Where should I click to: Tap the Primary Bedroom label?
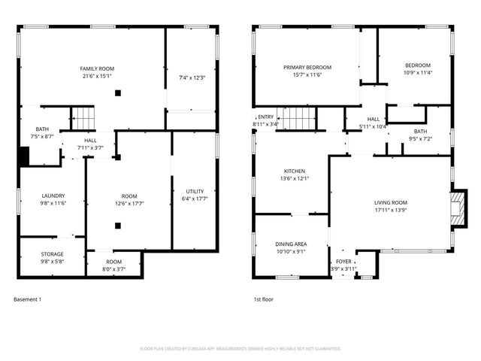pyautogui.click(x=307, y=67)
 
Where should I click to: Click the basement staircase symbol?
pyautogui.click(x=83, y=118)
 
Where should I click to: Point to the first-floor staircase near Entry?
pyautogui.click(x=298, y=118)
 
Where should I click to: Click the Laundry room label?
pyautogui.click(x=53, y=196)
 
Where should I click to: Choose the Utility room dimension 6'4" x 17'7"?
pyautogui.click(x=195, y=199)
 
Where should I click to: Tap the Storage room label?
pyautogui.click(x=52, y=254)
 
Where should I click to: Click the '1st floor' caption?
pyautogui.click(x=264, y=299)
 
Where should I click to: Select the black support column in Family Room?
pyautogui.click(x=117, y=93)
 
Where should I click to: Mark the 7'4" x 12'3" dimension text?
pyautogui.click(x=192, y=77)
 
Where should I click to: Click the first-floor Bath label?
pyautogui.click(x=419, y=131)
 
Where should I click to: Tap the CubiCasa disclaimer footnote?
pyautogui.click(x=240, y=349)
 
